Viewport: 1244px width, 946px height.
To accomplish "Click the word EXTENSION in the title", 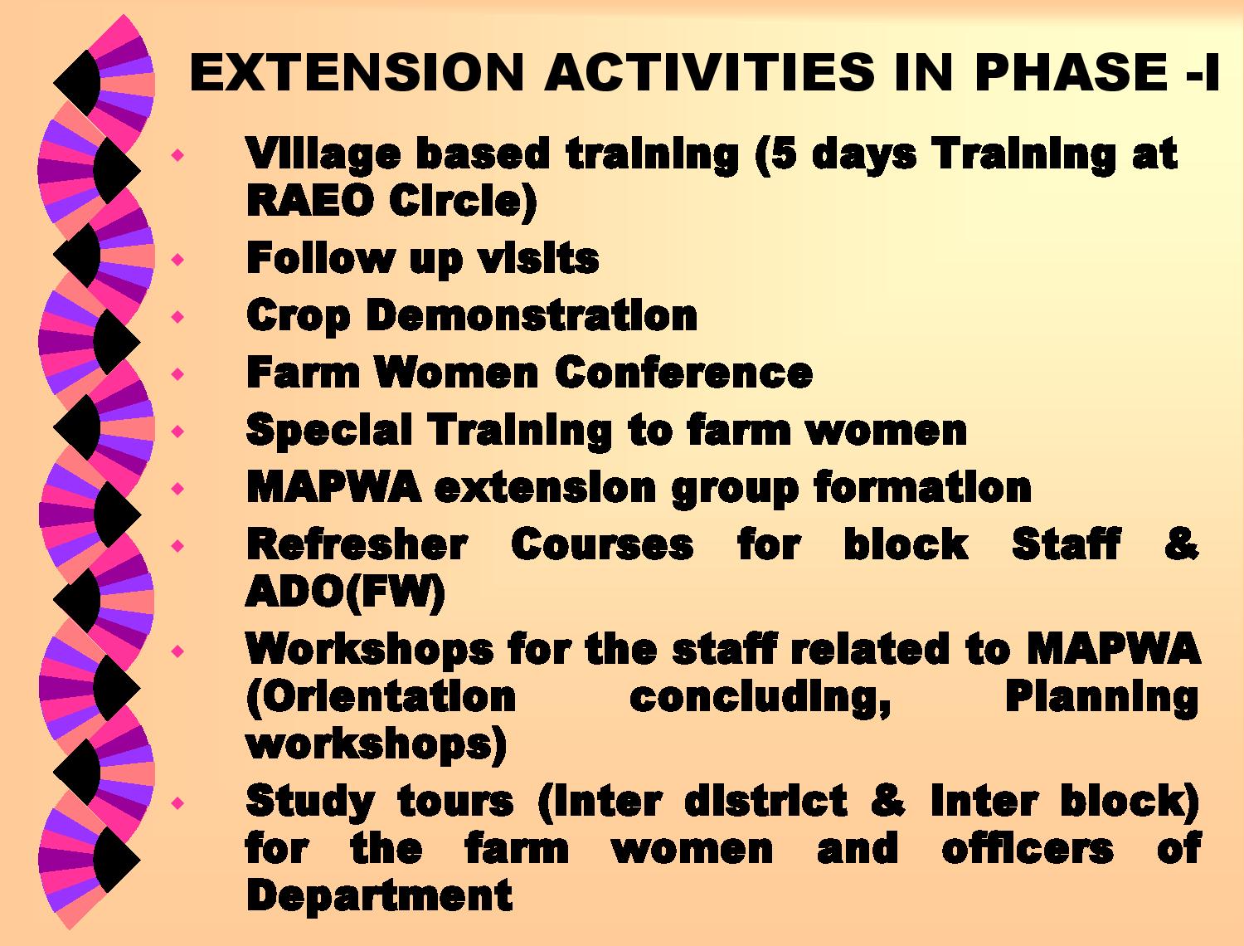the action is pos(356,72).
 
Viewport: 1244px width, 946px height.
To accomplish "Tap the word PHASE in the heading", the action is pos(1070,72).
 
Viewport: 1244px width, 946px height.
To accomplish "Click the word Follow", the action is pos(320,258).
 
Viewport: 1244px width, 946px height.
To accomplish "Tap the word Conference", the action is pos(683,373).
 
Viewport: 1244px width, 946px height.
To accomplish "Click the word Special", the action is pos(328,432).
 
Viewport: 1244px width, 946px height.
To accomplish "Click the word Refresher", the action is pos(357,544).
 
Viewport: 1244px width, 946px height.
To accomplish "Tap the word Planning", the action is pos(1101,700).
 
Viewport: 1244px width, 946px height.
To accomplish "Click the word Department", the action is pos(379,897).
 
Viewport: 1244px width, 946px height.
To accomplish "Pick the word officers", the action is pos(1028,848).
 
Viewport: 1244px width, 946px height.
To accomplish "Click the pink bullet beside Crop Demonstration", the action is pos(178,315).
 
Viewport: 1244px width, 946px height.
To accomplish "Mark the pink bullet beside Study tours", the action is pos(178,802).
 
